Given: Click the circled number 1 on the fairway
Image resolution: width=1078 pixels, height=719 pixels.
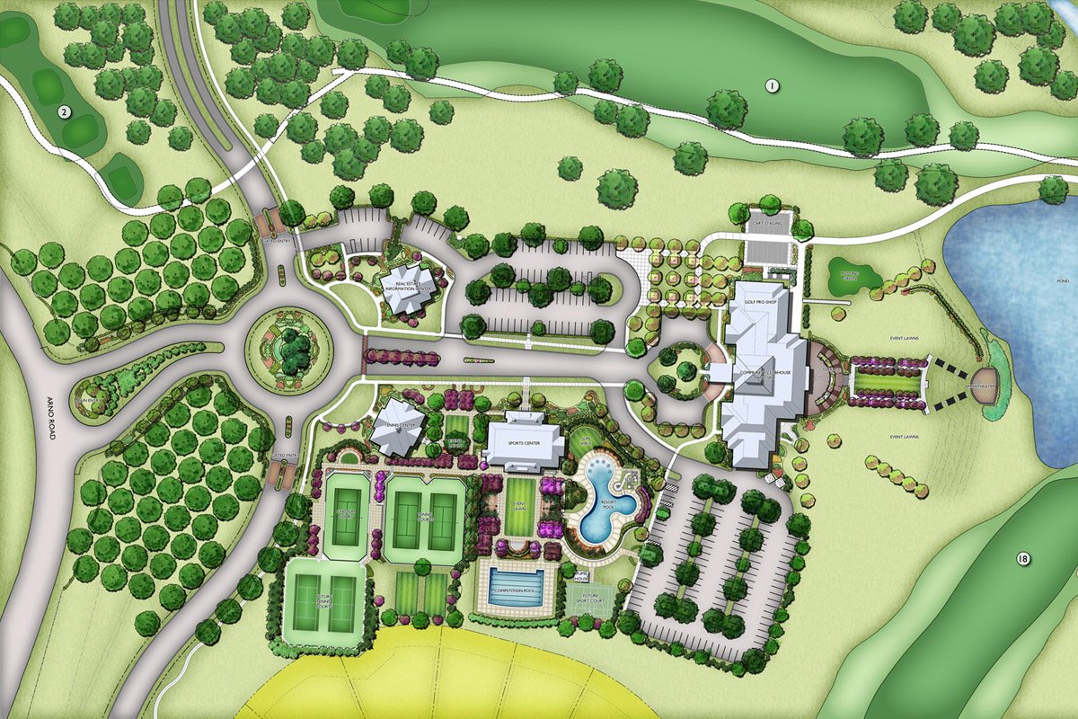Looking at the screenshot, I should click(771, 86).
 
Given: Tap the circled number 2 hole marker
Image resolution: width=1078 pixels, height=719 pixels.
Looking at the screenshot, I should click(64, 112).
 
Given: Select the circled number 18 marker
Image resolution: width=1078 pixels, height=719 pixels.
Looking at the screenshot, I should click(1022, 559).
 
